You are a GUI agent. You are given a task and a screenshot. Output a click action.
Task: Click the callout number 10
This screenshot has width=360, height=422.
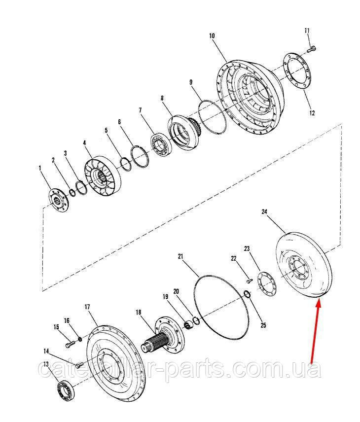point(212,36)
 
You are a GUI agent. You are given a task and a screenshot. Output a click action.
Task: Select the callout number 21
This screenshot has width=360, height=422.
point(180,256)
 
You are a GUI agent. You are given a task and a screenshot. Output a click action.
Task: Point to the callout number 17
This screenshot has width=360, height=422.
point(87,307)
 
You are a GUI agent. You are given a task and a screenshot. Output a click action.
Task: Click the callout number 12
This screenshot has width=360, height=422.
point(311,112)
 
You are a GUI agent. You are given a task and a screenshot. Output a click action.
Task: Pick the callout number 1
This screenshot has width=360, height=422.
point(40,168)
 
